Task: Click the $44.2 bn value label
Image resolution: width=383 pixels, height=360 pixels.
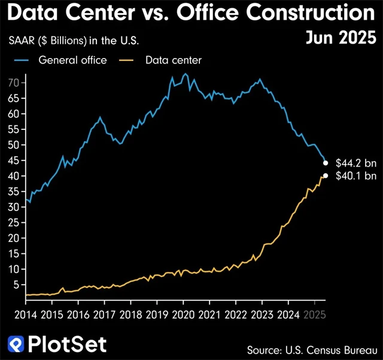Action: (x=356, y=162)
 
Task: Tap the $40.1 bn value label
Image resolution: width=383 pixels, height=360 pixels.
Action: (x=356, y=176)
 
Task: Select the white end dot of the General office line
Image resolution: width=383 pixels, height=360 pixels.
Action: (x=326, y=162)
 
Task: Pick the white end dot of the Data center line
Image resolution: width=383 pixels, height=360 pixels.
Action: (x=326, y=176)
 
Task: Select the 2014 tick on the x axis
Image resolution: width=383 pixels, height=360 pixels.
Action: (x=25, y=314)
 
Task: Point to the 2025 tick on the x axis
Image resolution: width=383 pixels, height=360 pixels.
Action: (x=314, y=314)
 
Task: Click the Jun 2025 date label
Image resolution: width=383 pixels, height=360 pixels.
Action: (x=341, y=37)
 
